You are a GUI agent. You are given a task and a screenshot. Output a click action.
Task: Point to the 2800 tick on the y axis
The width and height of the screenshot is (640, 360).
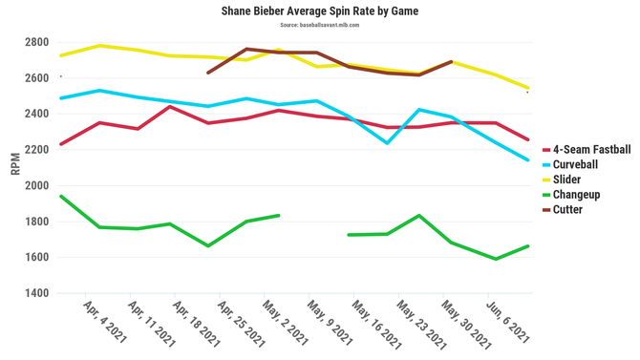point(37,43)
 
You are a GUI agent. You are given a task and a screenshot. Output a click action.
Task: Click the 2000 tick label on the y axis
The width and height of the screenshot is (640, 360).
point(37,186)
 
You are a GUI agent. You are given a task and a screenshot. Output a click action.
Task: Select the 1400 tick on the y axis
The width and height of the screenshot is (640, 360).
point(37,294)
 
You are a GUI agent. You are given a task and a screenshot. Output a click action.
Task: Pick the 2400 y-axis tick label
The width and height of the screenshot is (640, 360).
point(37,115)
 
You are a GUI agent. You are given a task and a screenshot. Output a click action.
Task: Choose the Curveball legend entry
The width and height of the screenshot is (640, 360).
point(575,164)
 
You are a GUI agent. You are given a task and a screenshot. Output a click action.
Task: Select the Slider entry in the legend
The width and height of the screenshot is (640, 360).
point(568,180)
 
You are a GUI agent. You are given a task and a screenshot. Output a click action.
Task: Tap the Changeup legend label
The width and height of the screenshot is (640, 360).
point(575,194)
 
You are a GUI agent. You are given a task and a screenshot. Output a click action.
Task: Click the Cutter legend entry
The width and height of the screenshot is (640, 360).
point(568,209)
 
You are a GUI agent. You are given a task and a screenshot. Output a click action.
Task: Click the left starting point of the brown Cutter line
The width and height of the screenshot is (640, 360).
point(207,73)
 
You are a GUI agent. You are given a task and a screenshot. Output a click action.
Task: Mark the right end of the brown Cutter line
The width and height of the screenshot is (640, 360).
point(451,62)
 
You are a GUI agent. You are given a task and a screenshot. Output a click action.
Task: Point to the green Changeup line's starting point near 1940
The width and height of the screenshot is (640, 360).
point(60,196)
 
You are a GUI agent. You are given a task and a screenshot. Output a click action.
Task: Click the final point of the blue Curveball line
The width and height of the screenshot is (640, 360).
point(528,160)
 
